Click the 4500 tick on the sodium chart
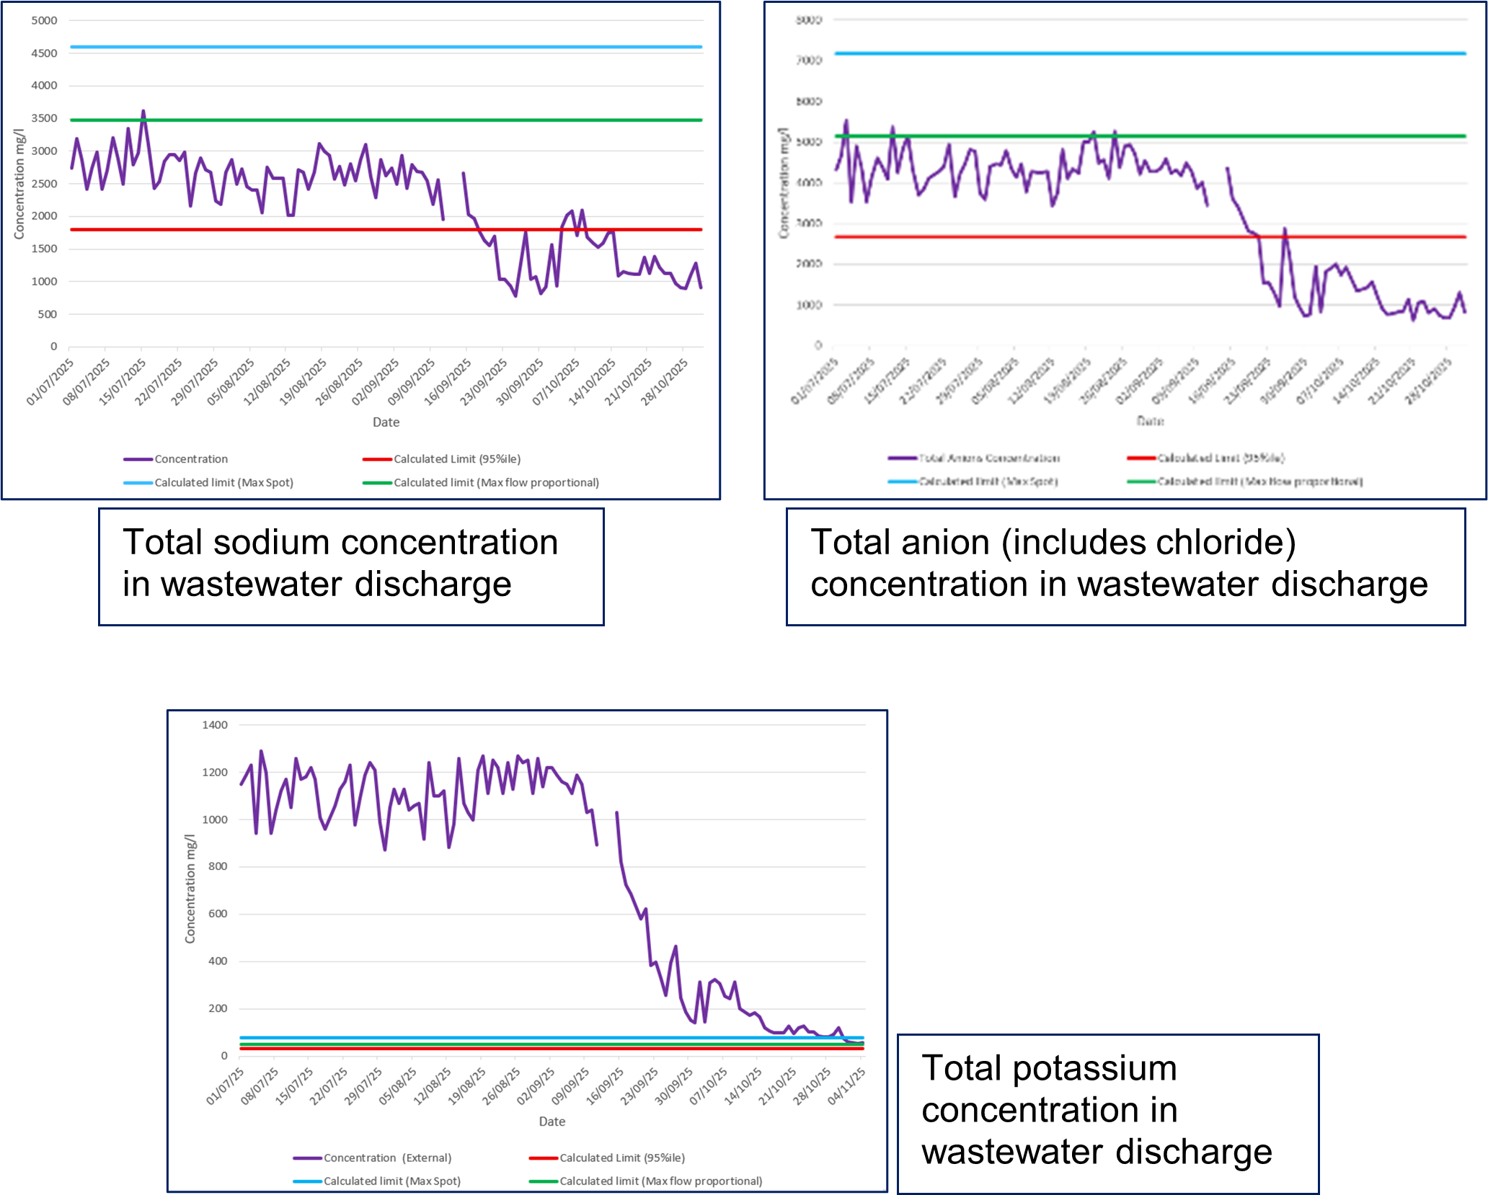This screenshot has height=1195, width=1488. pos(44,53)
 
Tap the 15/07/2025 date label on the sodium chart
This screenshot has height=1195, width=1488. pos(123,382)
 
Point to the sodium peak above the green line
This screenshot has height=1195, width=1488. pos(143,112)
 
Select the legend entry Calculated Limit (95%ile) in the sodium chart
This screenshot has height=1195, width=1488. pos(456,459)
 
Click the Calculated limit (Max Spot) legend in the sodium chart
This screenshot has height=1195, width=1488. pos(223,483)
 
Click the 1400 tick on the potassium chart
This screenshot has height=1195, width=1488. pos(215,725)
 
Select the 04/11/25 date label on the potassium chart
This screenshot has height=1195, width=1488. pos(846,1085)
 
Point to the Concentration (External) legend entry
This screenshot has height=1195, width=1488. pos(387,1158)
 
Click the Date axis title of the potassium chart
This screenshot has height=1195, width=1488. pos(552,1121)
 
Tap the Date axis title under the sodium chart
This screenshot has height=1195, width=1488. pos(386,422)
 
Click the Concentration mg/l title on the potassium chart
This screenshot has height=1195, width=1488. pos(190,889)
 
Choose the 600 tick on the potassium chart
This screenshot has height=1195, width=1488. pos(218,914)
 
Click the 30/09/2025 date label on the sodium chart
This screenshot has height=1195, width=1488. pos(520,382)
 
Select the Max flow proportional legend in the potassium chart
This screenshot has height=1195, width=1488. pos(660,1181)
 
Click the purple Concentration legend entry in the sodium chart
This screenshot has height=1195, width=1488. pos(190,459)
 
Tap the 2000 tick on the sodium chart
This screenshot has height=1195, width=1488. pos(44,216)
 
